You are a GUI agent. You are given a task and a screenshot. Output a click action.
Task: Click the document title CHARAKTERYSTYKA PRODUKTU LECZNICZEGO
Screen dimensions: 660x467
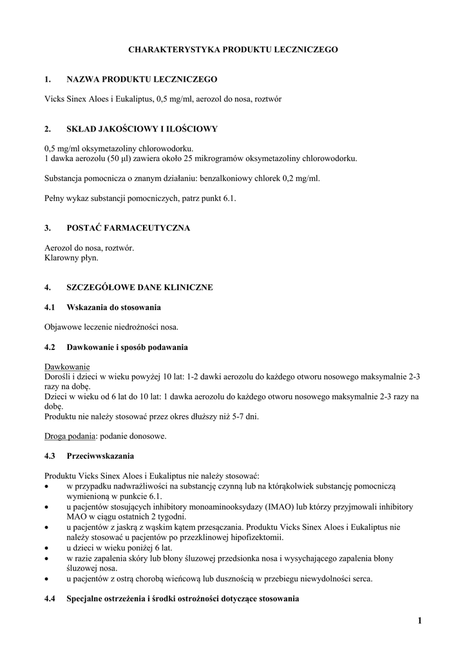[233, 49]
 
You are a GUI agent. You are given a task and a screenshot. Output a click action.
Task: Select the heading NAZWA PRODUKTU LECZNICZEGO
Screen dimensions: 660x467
[142, 79]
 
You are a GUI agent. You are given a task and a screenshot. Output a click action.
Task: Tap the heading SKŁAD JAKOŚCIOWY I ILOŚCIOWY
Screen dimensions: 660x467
[142, 129]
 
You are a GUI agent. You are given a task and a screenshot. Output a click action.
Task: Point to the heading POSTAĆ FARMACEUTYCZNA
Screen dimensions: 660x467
[128, 228]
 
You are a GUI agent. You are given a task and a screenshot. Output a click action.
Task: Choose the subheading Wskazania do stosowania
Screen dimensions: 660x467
[113, 307]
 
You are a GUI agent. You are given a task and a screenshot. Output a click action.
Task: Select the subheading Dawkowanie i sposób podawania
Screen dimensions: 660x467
[127, 347]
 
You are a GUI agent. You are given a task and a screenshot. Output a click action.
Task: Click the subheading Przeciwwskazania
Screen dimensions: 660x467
[100, 456]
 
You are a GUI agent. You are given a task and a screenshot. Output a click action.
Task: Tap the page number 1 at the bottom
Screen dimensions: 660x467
[419, 621]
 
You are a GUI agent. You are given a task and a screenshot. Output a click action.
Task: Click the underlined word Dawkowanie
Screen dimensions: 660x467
[67, 366]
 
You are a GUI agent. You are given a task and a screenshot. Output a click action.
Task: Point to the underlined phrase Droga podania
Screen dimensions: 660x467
[70, 436]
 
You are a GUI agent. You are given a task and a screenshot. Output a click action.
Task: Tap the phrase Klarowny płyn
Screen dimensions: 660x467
[71, 258]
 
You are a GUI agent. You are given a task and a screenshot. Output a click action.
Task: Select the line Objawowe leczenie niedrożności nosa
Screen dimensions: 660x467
[111, 327]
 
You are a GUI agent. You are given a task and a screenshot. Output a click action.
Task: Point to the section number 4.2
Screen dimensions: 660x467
[50, 347]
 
